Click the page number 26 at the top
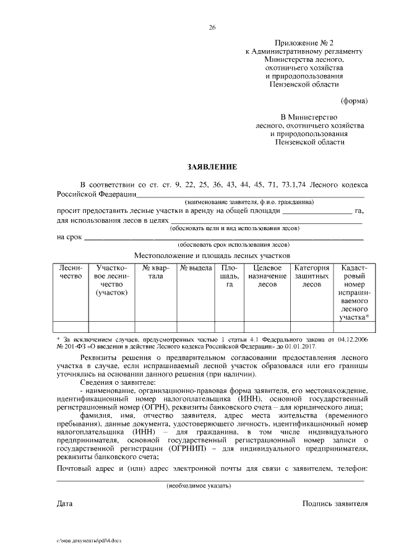click(212, 28)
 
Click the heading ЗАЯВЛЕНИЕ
click(212, 167)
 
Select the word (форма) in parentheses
click(355, 100)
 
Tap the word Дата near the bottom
click(65, 504)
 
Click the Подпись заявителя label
click(335, 504)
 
